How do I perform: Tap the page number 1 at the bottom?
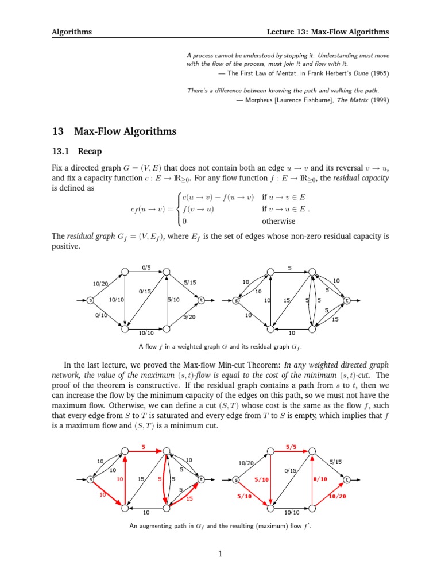(220, 554)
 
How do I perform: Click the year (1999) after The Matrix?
(380, 100)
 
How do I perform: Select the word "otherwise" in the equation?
(278, 221)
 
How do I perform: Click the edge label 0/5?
(145, 267)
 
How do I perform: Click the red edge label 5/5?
(291, 447)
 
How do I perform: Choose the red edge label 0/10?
(320, 479)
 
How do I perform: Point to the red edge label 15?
(189, 498)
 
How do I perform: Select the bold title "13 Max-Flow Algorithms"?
(114, 131)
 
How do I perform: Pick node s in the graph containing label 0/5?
(90, 300)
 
